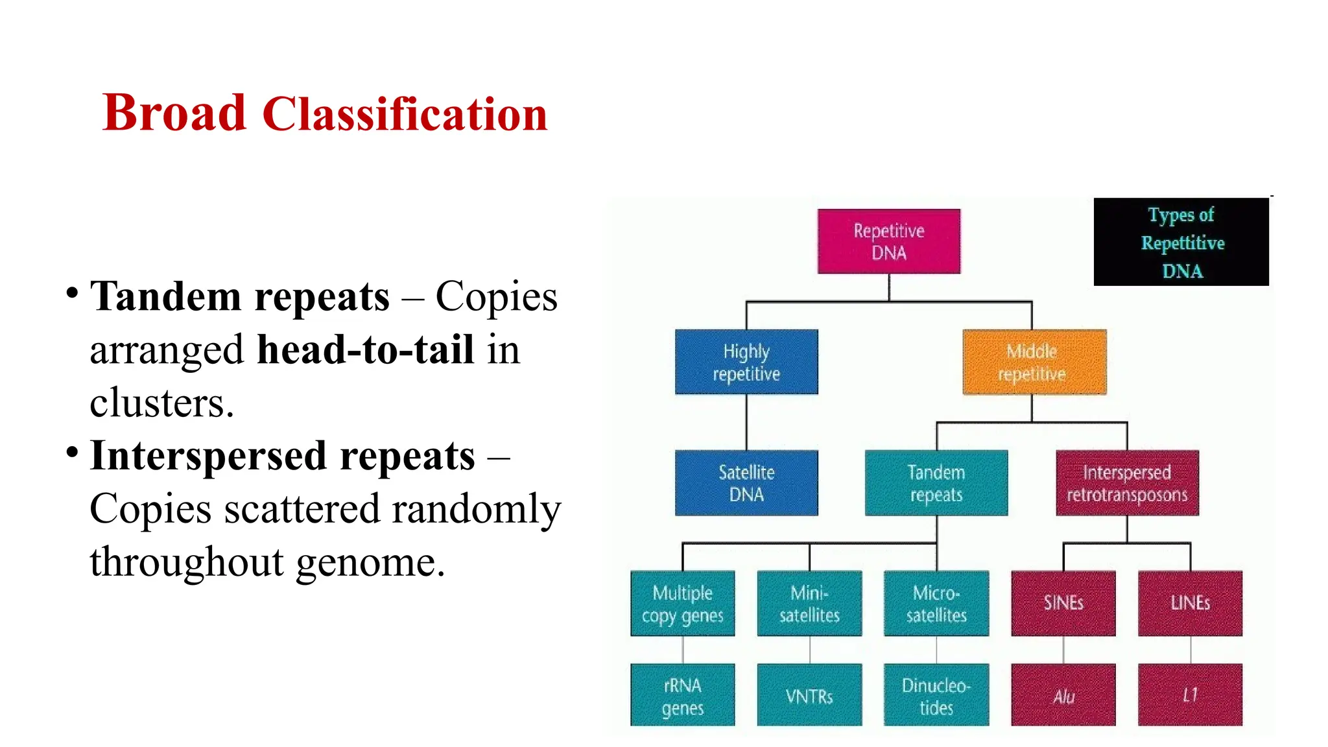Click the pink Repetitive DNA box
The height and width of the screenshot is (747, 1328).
click(888, 241)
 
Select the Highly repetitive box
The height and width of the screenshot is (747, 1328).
click(746, 362)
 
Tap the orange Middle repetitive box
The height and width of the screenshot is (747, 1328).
click(1034, 362)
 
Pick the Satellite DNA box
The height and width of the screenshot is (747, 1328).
click(746, 482)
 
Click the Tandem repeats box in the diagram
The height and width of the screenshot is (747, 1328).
click(936, 482)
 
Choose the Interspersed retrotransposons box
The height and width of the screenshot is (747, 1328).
click(1127, 482)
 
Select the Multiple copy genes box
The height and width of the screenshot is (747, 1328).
click(682, 603)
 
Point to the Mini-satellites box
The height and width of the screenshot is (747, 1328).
click(809, 603)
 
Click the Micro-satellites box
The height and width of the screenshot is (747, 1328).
click(936, 603)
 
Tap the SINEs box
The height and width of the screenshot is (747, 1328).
click(1063, 603)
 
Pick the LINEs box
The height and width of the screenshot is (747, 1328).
click(1190, 603)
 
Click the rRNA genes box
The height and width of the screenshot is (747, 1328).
click(682, 694)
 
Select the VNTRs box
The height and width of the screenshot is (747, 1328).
click(809, 694)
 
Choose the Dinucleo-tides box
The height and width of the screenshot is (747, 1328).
click(936, 694)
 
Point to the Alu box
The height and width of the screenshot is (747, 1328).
click(1063, 694)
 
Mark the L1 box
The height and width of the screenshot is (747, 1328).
click(1190, 694)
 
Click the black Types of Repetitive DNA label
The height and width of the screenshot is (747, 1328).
click(1181, 242)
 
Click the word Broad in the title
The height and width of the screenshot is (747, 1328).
click(174, 113)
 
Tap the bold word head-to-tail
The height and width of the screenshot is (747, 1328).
click(365, 350)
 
